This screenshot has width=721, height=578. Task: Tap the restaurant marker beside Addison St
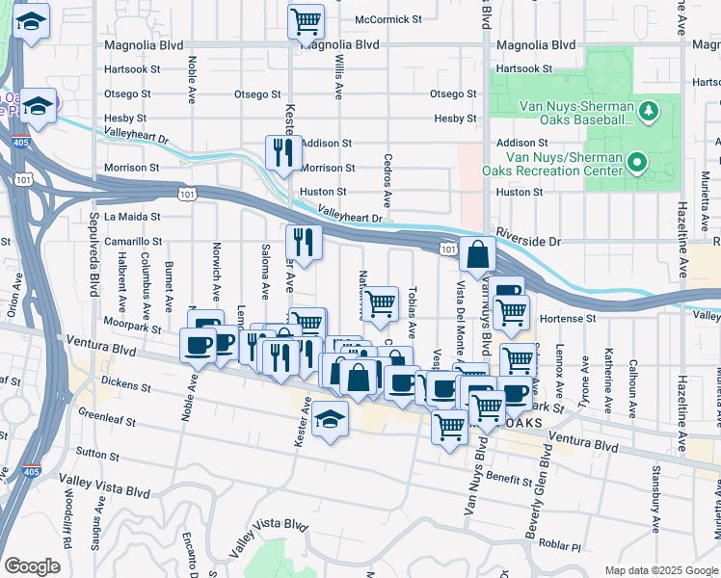coord(283,152)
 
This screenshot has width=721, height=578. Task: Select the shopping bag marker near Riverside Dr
coord(478,255)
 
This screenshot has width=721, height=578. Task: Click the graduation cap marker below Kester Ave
coord(330,420)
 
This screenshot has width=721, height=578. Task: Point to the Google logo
coord(32,566)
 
